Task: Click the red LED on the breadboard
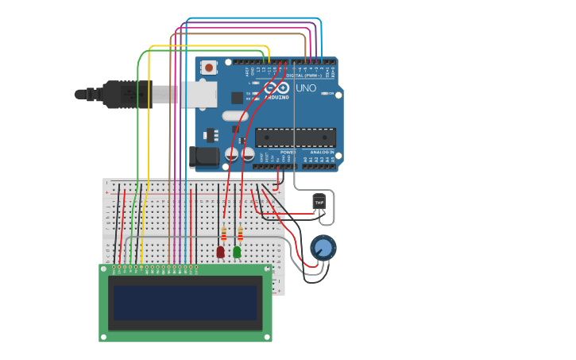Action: (220, 252)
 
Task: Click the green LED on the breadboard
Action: (237, 252)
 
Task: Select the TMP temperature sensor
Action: (319, 203)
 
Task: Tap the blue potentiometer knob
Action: (323, 248)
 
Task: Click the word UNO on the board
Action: (306, 88)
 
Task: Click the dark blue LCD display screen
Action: (185, 303)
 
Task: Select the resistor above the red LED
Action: (224, 234)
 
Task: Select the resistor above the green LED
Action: (240, 234)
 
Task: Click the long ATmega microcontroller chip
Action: (296, 137)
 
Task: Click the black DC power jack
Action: (204, 157)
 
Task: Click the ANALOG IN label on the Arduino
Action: (322, 152)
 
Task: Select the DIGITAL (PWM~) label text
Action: (311, 75)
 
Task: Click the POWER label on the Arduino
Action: (288, 152)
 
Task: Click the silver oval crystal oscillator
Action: (235, 116)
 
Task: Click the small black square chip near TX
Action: (237, 98)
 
